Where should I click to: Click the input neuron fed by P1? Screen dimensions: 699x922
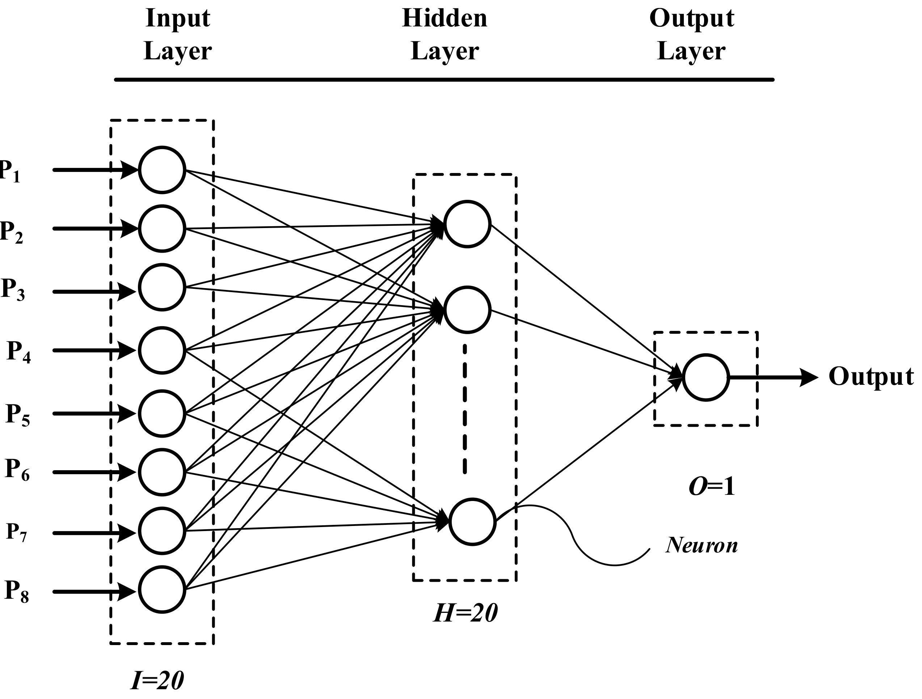click(162, 170)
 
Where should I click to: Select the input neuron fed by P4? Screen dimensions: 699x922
click(162, 350)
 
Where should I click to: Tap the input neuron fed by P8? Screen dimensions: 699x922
click(162, 590)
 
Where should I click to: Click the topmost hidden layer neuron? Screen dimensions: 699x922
click(467, 224)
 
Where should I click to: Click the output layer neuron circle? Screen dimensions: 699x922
click(706, 378)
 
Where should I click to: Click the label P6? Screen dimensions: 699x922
click(17, 470)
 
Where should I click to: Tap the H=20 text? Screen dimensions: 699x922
click(466, 614)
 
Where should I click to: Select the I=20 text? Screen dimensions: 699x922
click(157, 681)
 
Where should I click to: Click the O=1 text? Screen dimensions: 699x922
click(712, 487)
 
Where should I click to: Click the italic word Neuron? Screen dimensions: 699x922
click(702, 545)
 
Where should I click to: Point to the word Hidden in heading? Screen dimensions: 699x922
click(444, 19)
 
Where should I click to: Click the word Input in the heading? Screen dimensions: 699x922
click(178, 19)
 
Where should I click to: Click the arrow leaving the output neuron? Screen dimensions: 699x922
click(771, 378)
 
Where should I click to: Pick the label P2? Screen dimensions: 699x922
click(11, 231)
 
